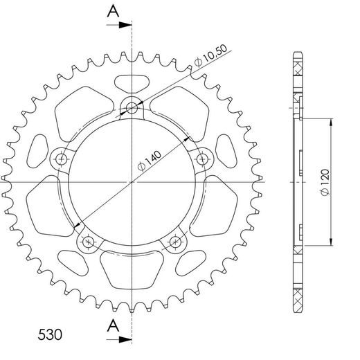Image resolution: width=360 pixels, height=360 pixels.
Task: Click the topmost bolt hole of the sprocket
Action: [x=132, y=107]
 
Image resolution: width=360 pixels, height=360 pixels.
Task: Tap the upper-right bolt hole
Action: [x=202, y=159]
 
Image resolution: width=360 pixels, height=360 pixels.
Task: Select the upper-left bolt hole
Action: [x=62, y=159]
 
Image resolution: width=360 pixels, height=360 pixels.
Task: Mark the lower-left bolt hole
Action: [x=88, y=242]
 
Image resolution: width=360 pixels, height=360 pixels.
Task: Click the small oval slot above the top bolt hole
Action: [x=132, y=82]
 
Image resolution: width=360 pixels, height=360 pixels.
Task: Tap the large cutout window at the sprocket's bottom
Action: [x=132, y=267]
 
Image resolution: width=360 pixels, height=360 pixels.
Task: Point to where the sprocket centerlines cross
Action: [x=132, y=181]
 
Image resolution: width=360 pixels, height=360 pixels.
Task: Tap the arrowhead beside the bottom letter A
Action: [x=127, y=340]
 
